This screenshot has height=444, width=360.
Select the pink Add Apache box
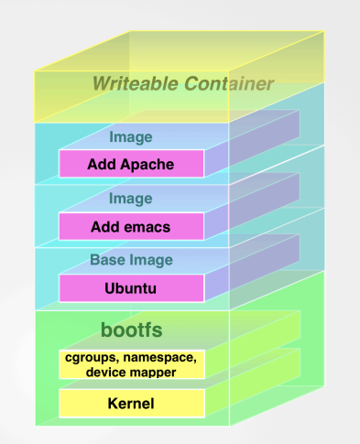tap(130, 165)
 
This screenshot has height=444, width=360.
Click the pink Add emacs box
tap(130, 226)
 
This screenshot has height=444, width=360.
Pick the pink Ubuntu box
tap(130, 288)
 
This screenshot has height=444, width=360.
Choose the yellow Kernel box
tap(131, 403)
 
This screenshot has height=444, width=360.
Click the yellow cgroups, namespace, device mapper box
tap(131, 364)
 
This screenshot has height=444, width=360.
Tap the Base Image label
tap(130, 260)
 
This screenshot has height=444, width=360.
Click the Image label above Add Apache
tap(130, 137)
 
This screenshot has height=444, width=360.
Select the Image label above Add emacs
tap(130, 199)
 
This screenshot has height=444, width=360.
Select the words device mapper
tap(131, 373)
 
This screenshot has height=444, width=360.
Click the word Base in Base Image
tap(106, 260)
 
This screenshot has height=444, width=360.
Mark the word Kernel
tap(131, 404)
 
